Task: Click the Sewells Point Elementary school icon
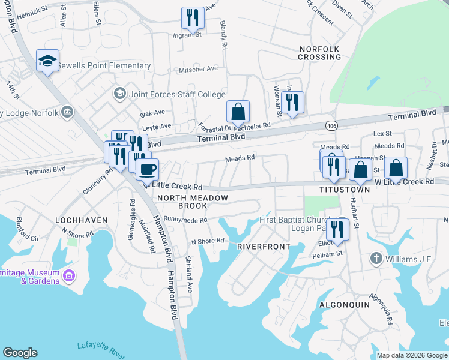point(47,61)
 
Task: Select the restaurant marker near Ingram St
point(193,18)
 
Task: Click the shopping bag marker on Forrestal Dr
point(238,112)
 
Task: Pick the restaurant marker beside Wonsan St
point(292,103)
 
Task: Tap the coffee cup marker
point(147,169)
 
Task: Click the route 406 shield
point(331,125)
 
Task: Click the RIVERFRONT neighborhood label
point(263,247)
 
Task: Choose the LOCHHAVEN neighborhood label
point(82,220)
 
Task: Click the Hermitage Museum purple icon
point(69,276)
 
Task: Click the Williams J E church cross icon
point(376,259)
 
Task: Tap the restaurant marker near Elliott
point(338,230)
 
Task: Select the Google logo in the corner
point(20,353)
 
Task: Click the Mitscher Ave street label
point(198,70)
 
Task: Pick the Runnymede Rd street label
point(185,220)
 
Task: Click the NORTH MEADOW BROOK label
point(192,202)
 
